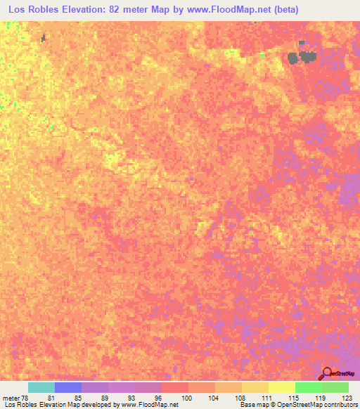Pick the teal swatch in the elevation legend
41,387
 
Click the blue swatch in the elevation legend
68,387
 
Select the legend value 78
25,397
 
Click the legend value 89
105,397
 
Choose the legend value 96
158,397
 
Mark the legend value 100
185,397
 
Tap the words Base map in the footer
252,405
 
